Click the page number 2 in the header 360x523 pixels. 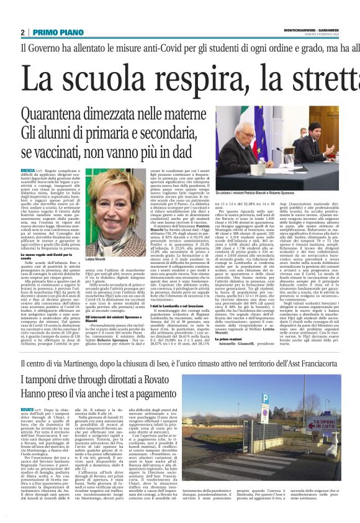(22, 32)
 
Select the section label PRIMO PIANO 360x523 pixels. (51, 32)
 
